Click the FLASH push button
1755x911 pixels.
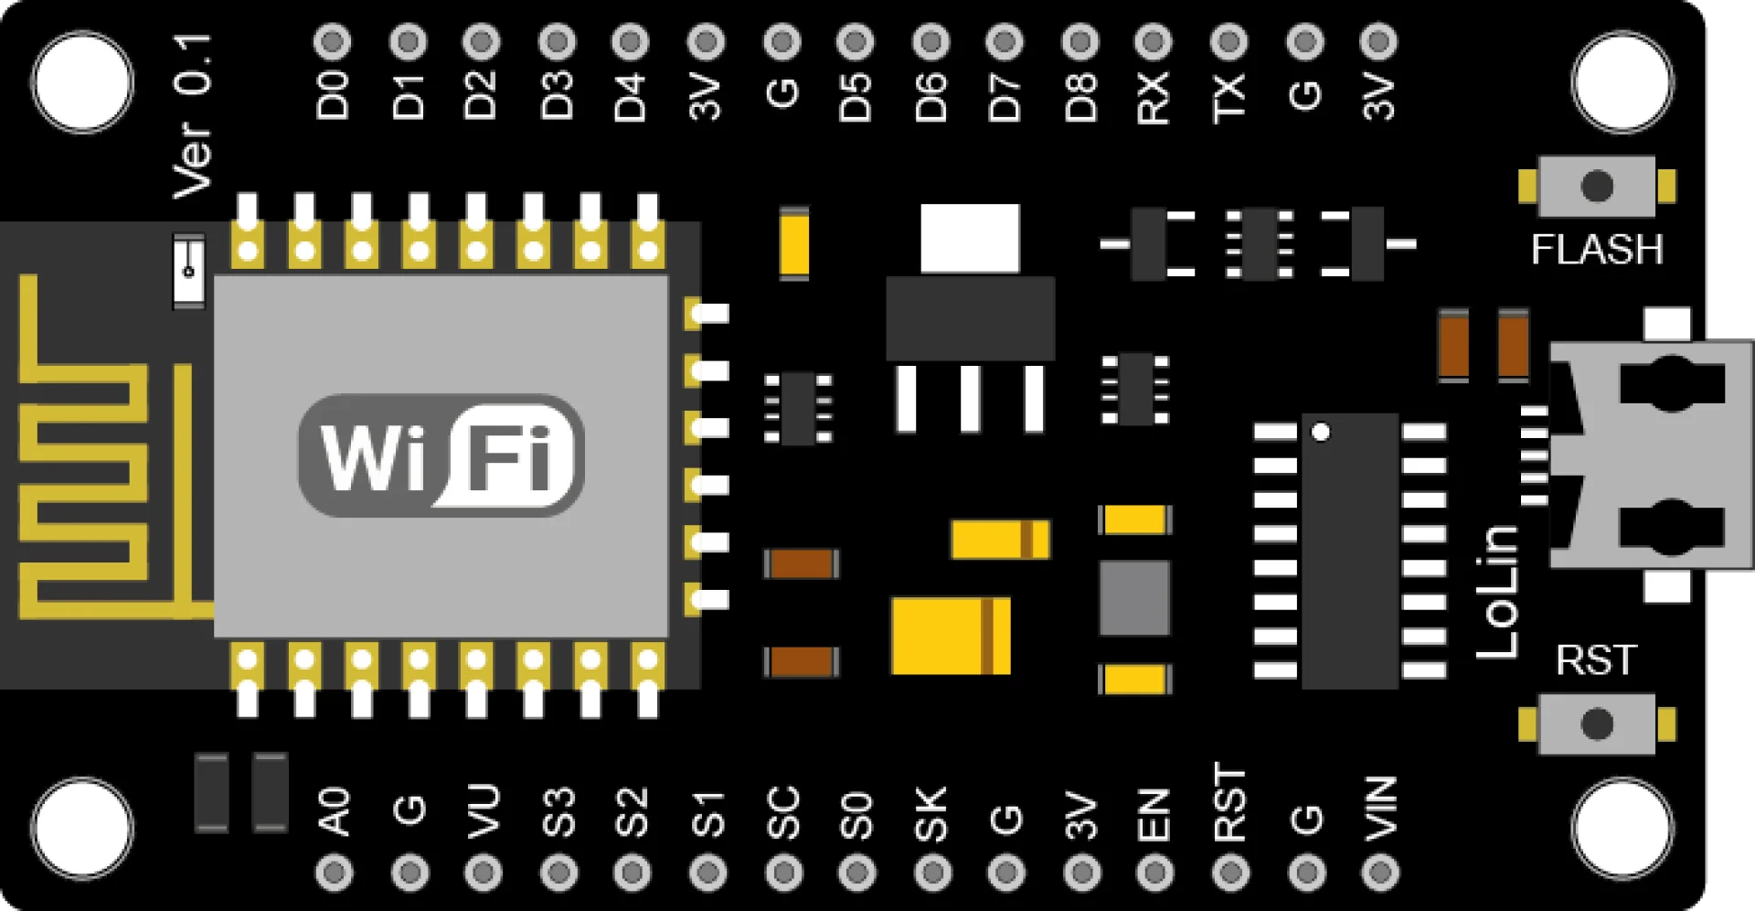pos(1597,187)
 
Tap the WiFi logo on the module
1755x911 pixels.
pos(441,455)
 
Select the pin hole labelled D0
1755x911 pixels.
pos(332,41)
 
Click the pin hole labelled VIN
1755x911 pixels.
pos(1380,873)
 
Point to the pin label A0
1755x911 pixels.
pos(335,811)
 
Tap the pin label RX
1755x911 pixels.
pos(1154,97)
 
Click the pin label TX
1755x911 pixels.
pos(1229,97)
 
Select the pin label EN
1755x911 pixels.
pos(1154,814)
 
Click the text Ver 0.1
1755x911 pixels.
pos(193,116)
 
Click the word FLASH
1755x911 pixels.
pos(1597,250)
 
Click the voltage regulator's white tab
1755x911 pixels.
pos(970,238)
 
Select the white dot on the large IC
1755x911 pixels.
pos(1321,432)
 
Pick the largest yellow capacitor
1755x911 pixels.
pos(951,636)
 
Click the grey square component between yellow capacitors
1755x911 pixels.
pos(1134,598)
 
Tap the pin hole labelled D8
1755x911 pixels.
pos(1080,41)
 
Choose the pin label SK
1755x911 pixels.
pos(931,813)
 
